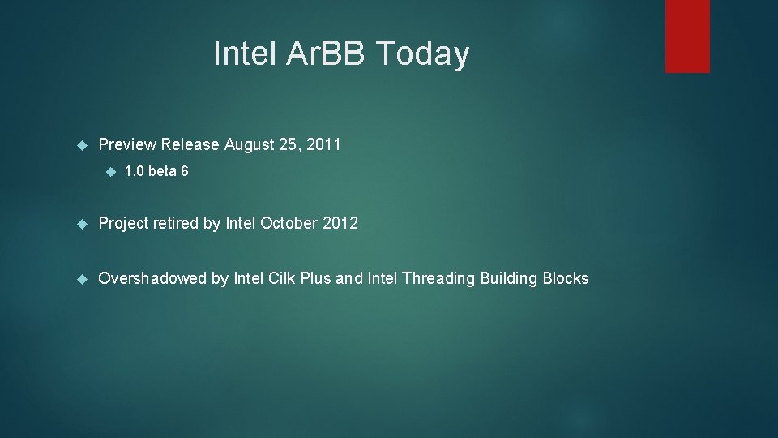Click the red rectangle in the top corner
(687, 36)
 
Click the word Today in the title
(422, 54)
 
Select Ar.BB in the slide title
(327, 54)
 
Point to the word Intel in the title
(246, 54)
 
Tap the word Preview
(127, 145)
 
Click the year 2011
(324, 145)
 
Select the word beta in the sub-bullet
(162, 172)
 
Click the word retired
(173, 224)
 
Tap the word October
(289, 224)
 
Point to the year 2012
(340, 224)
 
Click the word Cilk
(280, 279)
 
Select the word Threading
(438, 279)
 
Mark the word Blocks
(566, 279)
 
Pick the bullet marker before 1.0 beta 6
(109, 172)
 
